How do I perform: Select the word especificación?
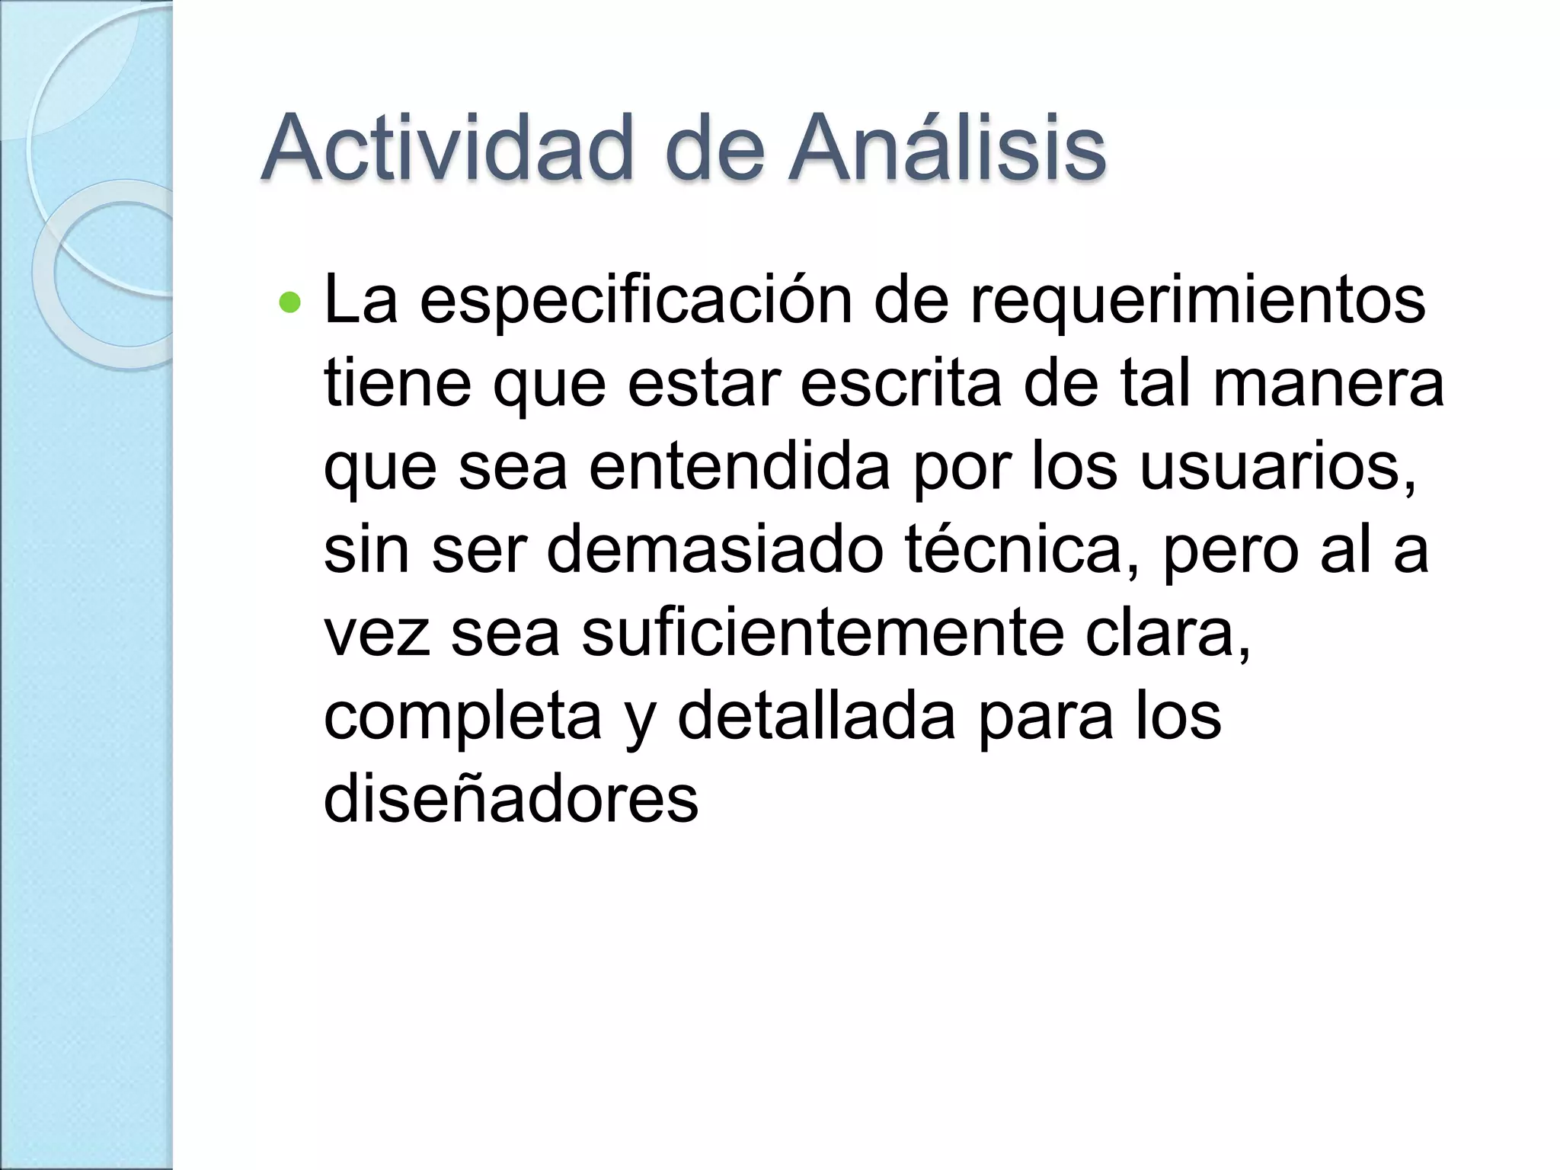pos(635,301)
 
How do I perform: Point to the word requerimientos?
pos(1197,301)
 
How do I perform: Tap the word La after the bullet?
pos(360,301)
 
